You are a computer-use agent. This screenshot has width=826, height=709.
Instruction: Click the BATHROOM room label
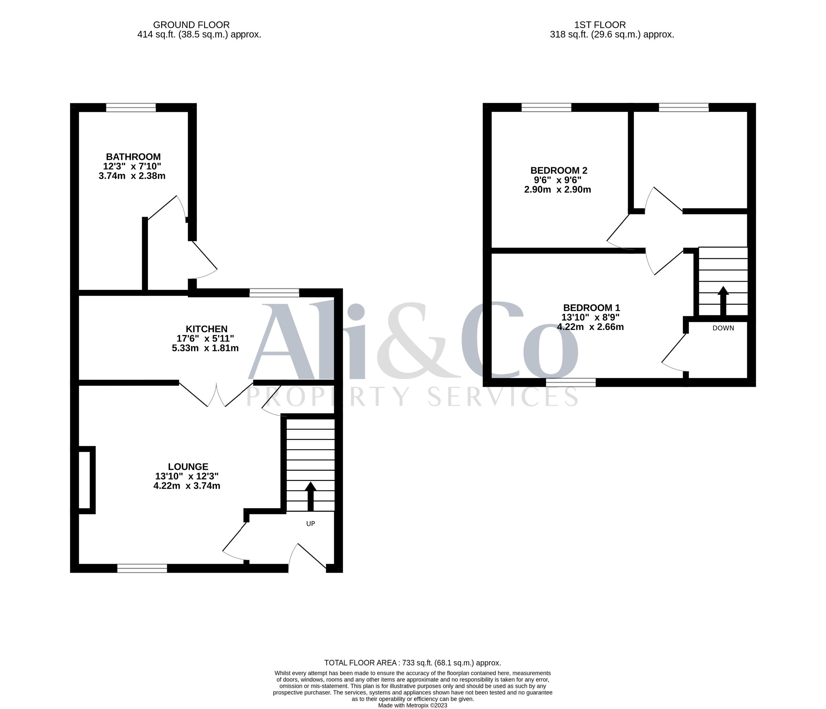tap(133, 157)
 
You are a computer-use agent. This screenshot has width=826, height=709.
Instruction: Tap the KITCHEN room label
tap(206, 329)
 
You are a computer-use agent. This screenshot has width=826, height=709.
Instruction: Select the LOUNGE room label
tap(188, 467)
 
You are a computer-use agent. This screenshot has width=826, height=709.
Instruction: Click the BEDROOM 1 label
tap(592, 308)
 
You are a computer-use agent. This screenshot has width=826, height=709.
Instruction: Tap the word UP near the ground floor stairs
tap(310, 524)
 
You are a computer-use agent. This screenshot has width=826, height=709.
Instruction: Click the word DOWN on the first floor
tap(723, 328)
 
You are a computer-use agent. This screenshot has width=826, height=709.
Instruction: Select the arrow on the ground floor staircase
tap(310, 496)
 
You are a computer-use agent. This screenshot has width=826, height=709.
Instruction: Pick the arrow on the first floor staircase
tap(723, 301)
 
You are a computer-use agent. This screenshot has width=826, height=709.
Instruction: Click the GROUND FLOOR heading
tap(191, 25)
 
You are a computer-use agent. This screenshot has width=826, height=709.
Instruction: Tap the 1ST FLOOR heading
tap(600, 25)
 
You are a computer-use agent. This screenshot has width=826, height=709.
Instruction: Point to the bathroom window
tap(131, 107)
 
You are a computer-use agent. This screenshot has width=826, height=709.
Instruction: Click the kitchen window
tap(274, 293)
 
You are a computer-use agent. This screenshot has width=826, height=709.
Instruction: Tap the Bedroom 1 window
tap(571, 383)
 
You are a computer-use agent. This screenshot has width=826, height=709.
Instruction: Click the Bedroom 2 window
tap(546, 107)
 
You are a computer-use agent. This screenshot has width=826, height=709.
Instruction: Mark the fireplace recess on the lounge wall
tap(86, 480)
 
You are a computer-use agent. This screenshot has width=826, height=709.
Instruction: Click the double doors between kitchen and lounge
tap(216, 394)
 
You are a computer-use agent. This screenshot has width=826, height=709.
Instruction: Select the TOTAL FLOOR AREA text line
tap(413, 663)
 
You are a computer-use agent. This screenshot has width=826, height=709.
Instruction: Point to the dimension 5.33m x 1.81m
tap(205, 348)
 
